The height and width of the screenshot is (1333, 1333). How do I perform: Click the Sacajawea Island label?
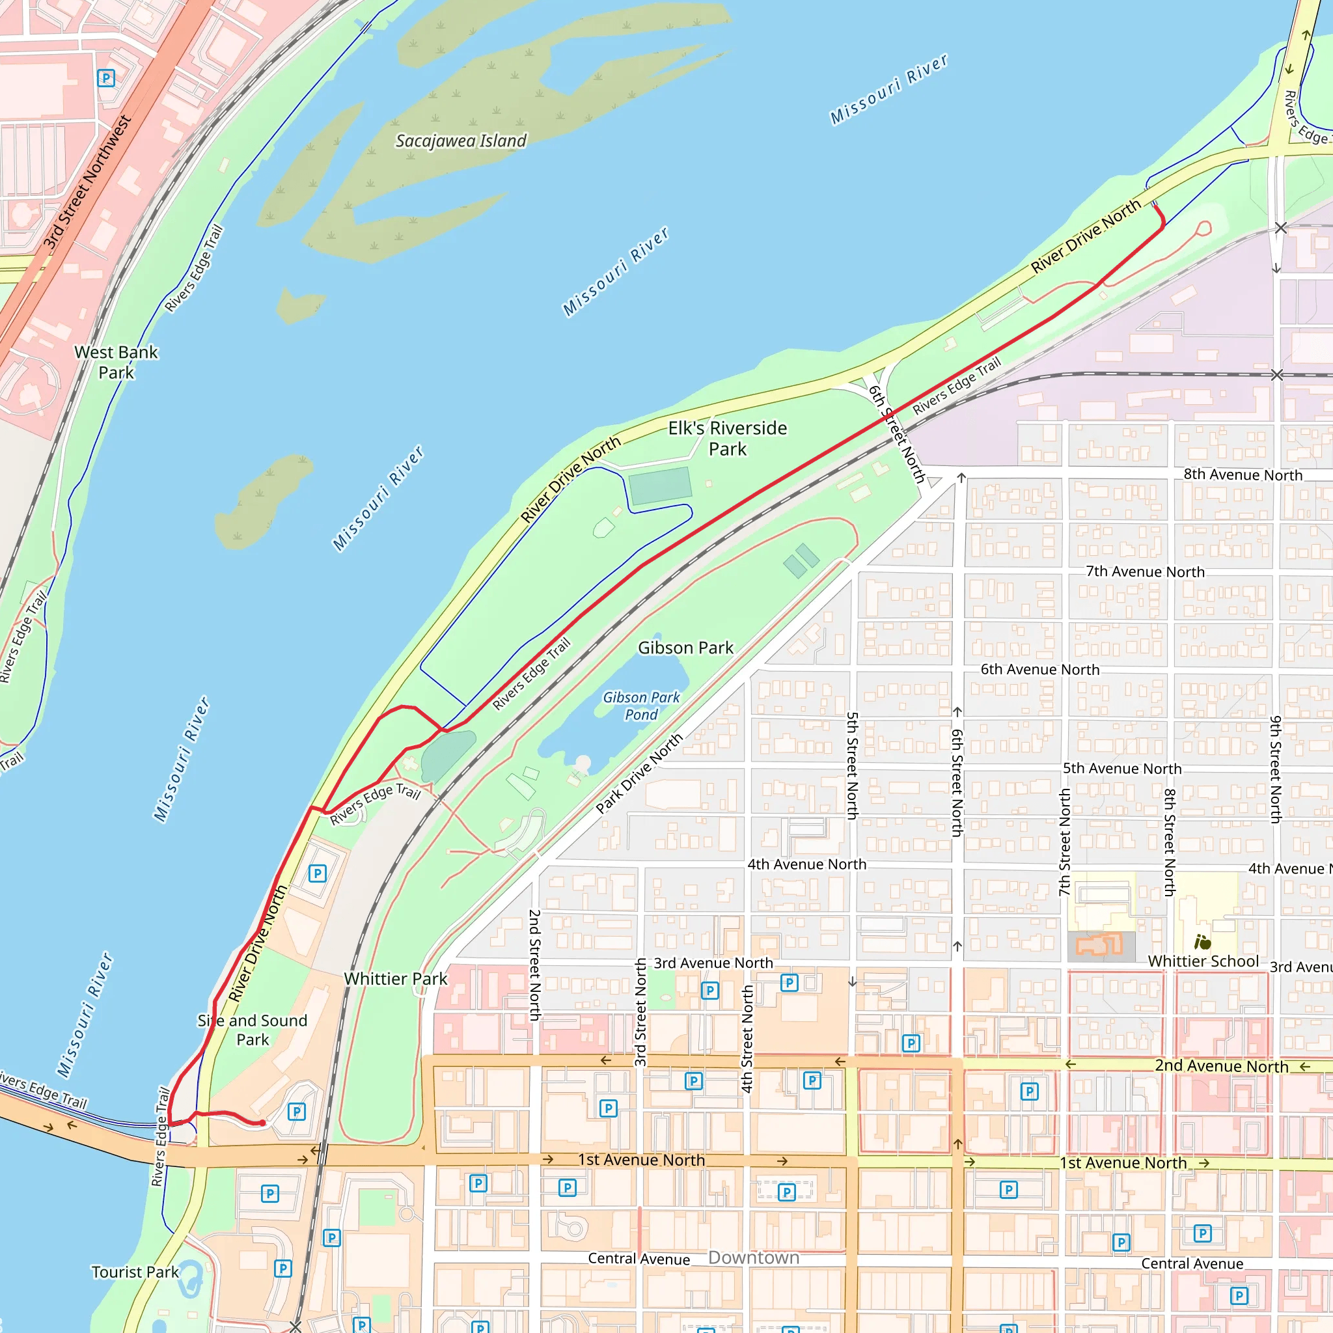click(460, 141)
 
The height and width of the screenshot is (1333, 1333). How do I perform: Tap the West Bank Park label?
click(116, 363)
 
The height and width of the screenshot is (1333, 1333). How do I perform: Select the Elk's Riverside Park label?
click(727, 438)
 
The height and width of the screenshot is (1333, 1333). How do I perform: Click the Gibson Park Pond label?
click(641, 706)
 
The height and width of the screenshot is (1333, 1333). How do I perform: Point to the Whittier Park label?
click(395, 978)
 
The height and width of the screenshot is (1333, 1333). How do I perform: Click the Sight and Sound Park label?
click(253, 1030)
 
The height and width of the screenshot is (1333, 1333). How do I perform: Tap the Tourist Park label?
click(135, 1272)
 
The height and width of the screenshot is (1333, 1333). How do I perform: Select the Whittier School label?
click(1203, 961)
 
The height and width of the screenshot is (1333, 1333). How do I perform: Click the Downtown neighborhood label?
click(754, 1257)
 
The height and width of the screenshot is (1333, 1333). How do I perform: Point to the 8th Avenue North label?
click(1243, 474)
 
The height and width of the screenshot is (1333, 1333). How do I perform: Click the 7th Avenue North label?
click(1145, 571)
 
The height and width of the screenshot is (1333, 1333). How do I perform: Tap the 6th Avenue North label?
click(1039, 669)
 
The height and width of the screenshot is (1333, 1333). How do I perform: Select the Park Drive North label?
click(639, 773)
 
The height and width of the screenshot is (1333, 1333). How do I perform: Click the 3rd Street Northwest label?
click(87, 182)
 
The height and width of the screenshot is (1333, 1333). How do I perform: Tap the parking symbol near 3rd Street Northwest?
click(106, 78)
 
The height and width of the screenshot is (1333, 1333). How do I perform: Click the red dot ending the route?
click(262, 1123)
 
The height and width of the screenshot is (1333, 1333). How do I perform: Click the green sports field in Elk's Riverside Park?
click(660, 486)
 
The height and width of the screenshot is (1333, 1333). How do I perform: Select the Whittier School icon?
click(1202, 942)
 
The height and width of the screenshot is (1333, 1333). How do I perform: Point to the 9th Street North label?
click(1275, 769)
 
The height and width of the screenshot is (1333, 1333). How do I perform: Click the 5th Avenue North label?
click(1122, 769)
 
